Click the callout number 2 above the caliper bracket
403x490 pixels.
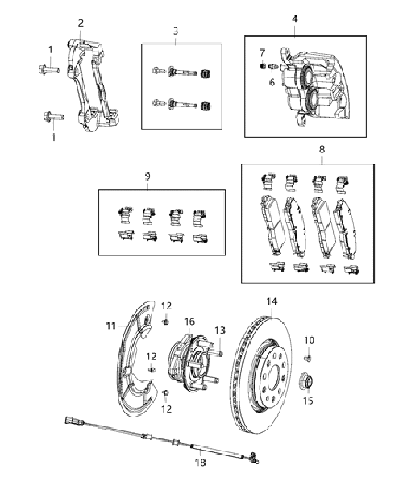point(81,23)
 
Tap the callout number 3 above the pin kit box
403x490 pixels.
point(176,31)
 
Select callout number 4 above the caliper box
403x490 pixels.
point(295,19)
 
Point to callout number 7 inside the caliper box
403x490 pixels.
point(262,53)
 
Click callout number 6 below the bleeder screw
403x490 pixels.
point(272,82)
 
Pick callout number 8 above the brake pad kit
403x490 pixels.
point(322,149)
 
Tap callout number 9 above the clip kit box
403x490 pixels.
point(147,176)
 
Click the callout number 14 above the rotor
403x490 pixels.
point(272,301)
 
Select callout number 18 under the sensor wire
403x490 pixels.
point(201,463)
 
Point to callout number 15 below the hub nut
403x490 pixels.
point(308,401)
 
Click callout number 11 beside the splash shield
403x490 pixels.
point(111,326)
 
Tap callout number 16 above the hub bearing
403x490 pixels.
point(189,322)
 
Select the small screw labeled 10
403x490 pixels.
point(307,359)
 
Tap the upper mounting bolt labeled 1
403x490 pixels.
point(49,69)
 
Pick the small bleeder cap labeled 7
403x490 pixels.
point(263,66)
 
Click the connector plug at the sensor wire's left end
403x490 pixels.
point(70,421)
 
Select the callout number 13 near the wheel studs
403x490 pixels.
point(220,330)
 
